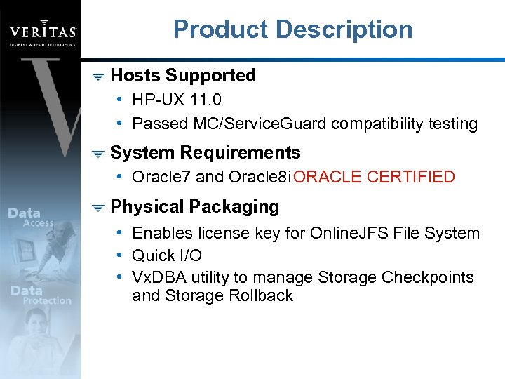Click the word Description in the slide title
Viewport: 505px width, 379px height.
point(344,29)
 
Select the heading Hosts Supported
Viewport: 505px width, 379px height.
point(183,75)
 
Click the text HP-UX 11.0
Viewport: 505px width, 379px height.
point(177,100)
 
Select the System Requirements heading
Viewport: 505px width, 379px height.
point(206,152)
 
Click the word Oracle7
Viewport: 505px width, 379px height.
point(161,177)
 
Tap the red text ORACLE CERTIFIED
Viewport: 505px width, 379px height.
point(375,177)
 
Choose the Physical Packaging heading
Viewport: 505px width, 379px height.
point(195,206)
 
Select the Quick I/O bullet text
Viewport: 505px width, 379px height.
point(167,255)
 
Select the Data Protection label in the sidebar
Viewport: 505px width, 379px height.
point(39,295)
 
